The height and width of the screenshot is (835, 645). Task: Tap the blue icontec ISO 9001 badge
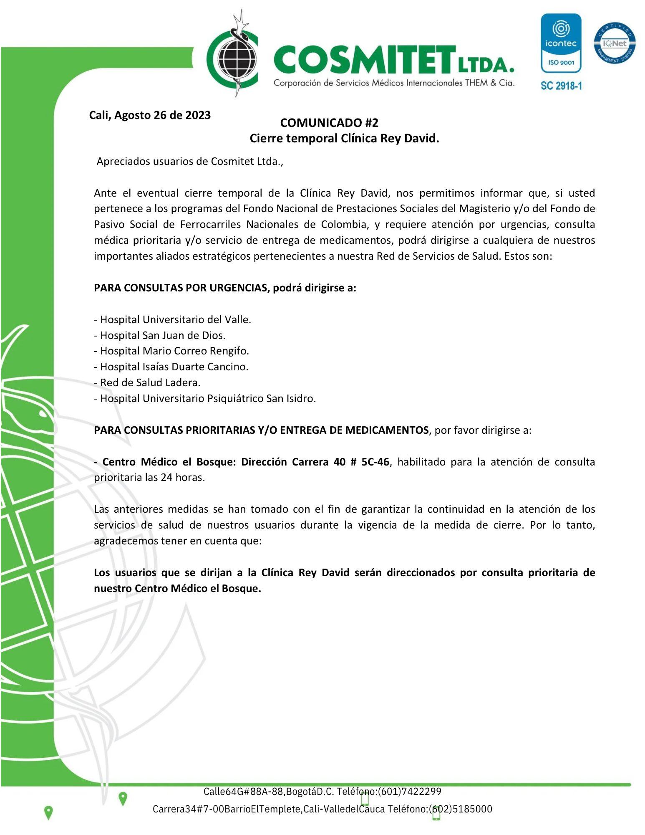coord(561,43)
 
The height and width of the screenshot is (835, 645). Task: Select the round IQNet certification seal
coord(615,43)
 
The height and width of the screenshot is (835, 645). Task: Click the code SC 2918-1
coord(561,86)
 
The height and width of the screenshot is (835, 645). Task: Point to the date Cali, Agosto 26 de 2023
coord(150,115)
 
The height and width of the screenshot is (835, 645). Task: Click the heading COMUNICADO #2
coord(329,123)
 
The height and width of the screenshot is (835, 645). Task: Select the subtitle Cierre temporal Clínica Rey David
coord(344,138)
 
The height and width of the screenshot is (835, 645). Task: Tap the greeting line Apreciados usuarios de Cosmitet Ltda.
coord(190,162)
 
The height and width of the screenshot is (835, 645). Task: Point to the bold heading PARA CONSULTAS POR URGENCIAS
coord(181,288)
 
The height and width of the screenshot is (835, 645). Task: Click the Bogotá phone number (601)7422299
coord(409,792)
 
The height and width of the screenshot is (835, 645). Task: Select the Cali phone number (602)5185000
coord(461,809)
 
